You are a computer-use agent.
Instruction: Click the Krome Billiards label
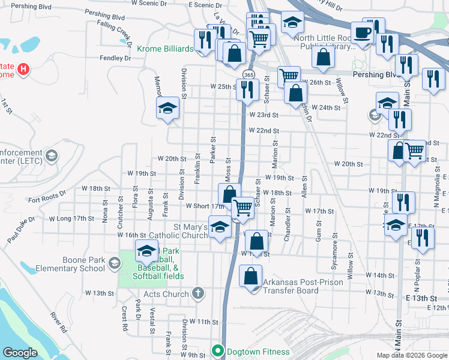click(x=165, y=49)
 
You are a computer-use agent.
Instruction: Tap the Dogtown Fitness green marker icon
click(x=217, y=351)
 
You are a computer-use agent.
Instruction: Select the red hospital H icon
click(x=23, y=69)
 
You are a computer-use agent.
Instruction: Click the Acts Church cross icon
click(x=199, y=294)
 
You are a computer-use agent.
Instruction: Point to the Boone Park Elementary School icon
click(x=114, y=262)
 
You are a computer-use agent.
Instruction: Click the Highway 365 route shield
click(x=249, y=74)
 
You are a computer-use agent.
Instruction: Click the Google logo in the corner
click(x=20, y=353)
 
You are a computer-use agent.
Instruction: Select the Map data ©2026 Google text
click(x=411, y=355)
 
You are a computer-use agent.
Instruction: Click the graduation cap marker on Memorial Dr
click(x=168, y=108)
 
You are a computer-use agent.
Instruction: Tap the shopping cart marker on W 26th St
click(x=289, y=76)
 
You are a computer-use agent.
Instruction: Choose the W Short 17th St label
click(x=204, y=206)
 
